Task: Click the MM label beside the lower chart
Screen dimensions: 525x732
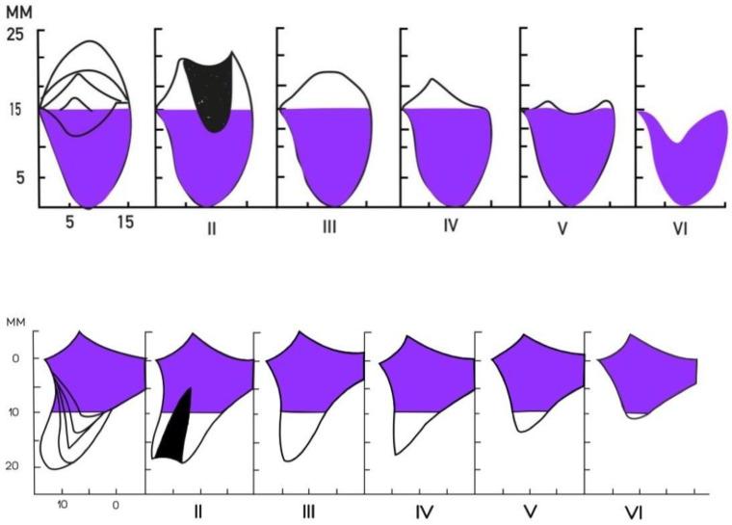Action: click(16, 321)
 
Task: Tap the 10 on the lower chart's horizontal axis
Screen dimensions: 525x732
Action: click(62, 504)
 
